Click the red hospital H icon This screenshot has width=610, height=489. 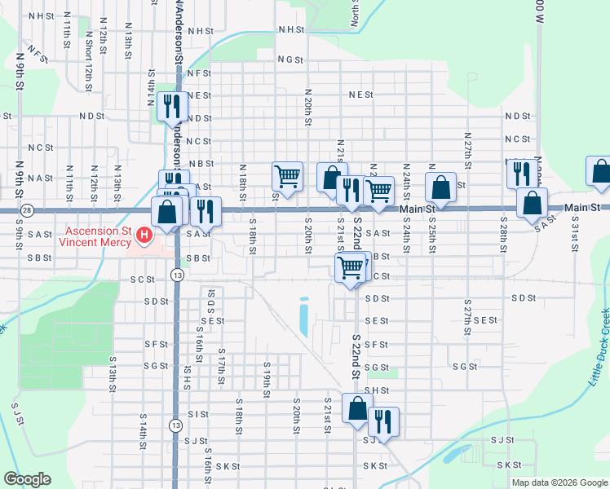tap(145, 236)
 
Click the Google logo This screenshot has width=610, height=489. tap(27, 479)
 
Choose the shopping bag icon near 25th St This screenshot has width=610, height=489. tap(440, 187)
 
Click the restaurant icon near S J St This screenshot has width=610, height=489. tap(383, 421)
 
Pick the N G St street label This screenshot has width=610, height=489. tap(290, 59)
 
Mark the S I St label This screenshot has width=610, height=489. tap(197, 414)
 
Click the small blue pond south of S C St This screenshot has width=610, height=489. tap(303, 318)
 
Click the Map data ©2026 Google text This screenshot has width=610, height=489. tap(559, 482)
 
